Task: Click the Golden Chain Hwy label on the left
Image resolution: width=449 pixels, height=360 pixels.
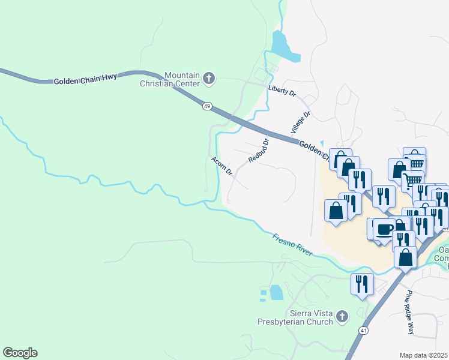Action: (85, 79)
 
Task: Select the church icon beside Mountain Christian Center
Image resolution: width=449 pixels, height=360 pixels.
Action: (209, 78)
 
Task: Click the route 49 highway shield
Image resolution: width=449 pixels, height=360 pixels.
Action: (207, 106)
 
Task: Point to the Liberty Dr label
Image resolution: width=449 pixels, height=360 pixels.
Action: (282, 91)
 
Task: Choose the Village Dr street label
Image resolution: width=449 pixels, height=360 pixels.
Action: (300, 122)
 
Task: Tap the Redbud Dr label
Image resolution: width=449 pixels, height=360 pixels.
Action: (258, 151)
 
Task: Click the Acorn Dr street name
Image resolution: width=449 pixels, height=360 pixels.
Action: (221, 166)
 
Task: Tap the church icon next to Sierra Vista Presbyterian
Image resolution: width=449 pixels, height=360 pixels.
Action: (342, 316)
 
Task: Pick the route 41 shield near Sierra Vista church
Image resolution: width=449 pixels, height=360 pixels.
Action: (364, 331)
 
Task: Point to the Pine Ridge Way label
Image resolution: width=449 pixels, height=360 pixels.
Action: (409, 312)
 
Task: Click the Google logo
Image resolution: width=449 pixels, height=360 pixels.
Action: (20, 353)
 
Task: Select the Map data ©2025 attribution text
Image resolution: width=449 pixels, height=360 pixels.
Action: (424, 355)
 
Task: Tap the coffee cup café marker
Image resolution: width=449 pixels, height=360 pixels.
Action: (384, 229)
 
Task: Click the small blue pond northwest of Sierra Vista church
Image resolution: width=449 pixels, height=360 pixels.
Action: (276, 292)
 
